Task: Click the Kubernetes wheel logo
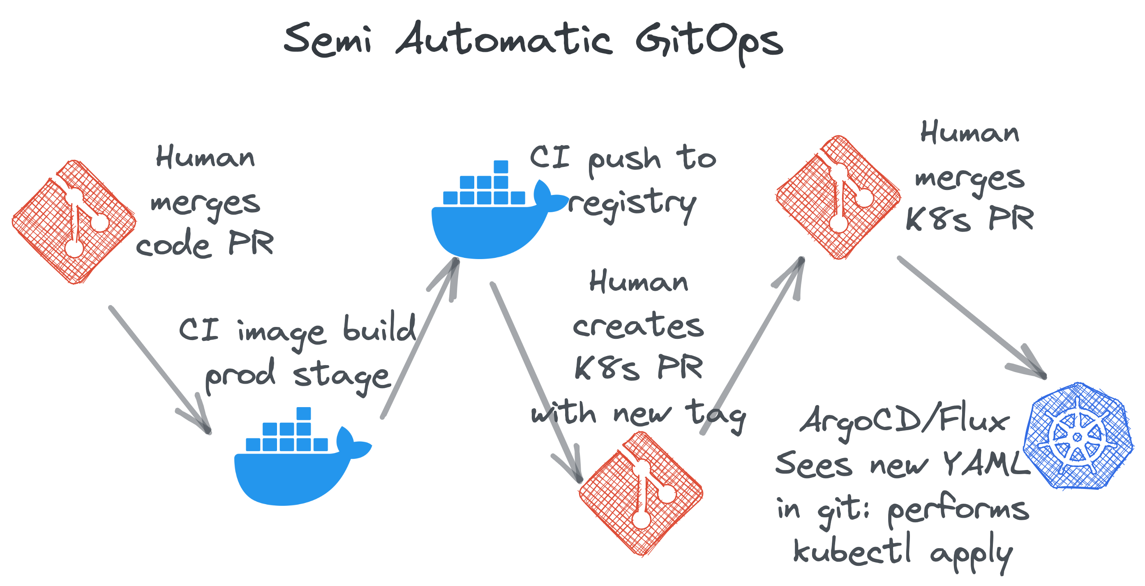[x=1078, y=436]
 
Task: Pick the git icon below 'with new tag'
[x=640, y=493]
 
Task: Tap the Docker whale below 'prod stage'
[x=298, y=462]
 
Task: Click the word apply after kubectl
[x=971, y=554]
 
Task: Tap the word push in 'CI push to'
[x=625, y=160]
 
